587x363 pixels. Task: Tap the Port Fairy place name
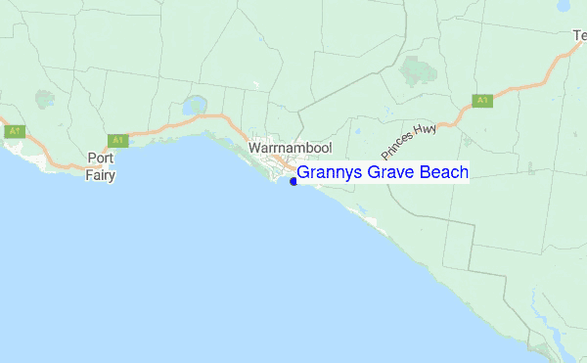(101, 166)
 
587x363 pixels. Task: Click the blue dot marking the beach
(293, 181)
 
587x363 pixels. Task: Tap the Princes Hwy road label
(408, 142)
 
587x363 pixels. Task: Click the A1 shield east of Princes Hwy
(481, 100)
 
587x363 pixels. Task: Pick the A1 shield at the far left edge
(14, 131)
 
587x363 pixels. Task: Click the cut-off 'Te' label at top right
(579, 36)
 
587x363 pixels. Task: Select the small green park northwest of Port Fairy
(45, 99)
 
